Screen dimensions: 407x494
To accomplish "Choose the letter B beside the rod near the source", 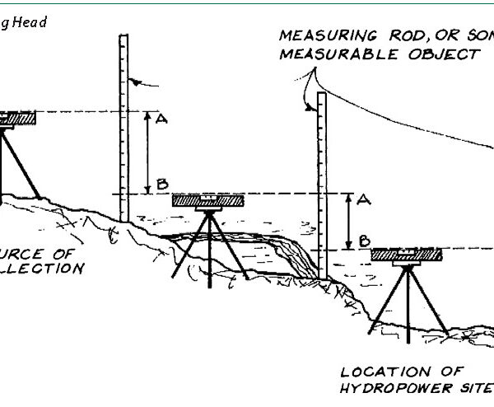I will (162, 183).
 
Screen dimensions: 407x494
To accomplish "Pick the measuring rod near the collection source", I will (124, 124).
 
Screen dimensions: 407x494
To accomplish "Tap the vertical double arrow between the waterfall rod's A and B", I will (349, 220).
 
